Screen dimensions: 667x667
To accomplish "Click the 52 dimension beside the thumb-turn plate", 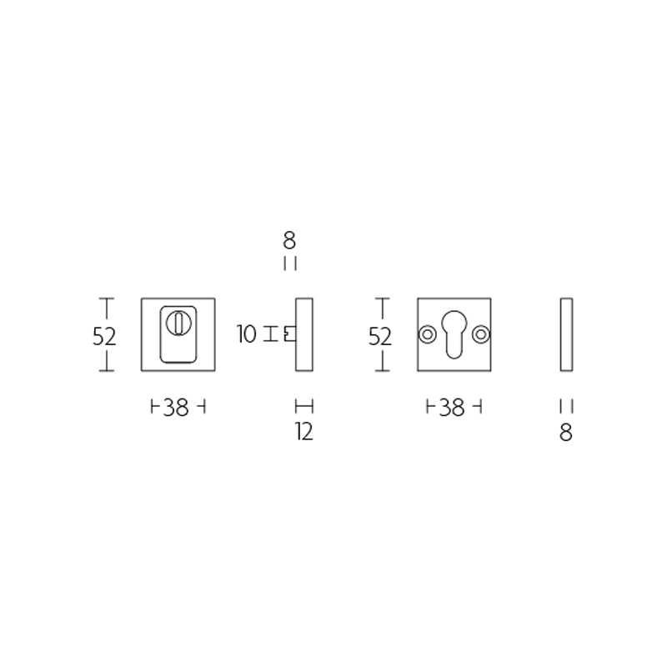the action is coord(104,337).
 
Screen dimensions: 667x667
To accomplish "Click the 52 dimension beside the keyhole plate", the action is coord(380,337).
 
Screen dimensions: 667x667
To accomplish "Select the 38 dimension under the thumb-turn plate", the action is coord(176,408).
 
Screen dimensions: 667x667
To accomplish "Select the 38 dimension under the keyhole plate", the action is coord(452,408).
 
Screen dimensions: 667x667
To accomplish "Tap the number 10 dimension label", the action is coord(247,334).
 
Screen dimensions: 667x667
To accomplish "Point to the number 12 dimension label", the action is coord(304,432).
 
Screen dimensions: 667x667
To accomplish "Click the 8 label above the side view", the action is coord(289,241).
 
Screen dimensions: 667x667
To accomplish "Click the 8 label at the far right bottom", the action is coord(566,433).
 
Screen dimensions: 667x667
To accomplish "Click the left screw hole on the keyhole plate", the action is coord(427,334).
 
